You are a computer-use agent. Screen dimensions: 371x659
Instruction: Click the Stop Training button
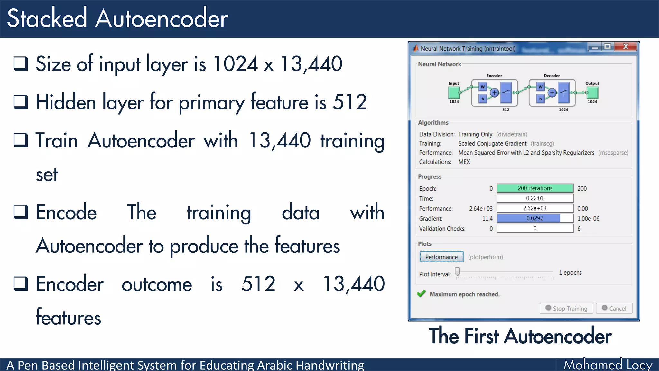[x=566, y=308]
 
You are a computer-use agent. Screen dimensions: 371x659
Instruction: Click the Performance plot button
[x=441, y=257]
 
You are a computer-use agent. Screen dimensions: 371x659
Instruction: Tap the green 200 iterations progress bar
[x=535, y=188]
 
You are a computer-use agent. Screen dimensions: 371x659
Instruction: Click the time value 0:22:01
[x=535, y=198]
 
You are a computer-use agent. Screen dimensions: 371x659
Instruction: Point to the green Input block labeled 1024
[x=454, y=93]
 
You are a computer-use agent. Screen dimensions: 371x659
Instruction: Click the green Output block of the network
[x=592, y=93]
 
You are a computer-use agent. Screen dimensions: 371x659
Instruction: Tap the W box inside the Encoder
[x=482, y=87]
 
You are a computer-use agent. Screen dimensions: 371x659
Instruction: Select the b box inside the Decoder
[x=540, y=99]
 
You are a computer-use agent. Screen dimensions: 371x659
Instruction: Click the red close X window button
[x=626, y=46]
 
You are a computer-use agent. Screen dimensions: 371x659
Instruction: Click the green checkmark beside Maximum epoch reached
[x=421, y=294]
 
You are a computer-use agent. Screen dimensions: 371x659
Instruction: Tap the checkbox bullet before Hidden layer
[x=21, y=102]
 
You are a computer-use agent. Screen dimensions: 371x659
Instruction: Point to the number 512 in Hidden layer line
[x=349, y=102]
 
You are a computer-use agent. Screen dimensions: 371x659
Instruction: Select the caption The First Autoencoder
[x=520, y=336]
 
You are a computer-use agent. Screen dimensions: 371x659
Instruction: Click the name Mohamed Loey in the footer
[x=608, y=365]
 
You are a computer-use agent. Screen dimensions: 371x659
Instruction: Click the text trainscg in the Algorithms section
[x=542, y=143]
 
